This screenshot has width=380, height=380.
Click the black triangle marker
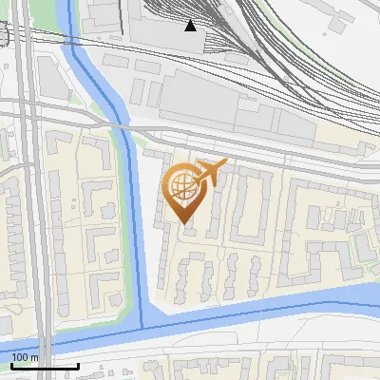click(191, 25)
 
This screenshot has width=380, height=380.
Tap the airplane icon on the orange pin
click(211, 172)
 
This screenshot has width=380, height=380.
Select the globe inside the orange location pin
click(183, 187)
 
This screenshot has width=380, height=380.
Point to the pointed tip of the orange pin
click(185, 223)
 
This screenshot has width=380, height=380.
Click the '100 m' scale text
click(26, 357)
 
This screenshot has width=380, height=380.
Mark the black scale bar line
click(44, 366)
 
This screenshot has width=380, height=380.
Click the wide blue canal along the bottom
click(266, 306)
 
